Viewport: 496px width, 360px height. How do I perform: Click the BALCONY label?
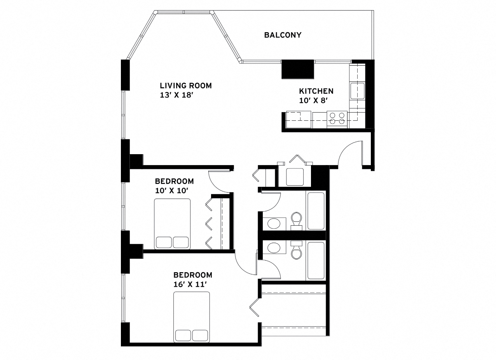point(283,35)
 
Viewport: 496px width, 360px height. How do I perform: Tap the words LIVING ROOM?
point(186,85)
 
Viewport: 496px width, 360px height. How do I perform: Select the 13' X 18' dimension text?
point(177,95)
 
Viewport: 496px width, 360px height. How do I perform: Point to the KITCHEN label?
point(316,91)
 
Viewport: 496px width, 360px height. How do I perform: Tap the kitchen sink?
point(357,91)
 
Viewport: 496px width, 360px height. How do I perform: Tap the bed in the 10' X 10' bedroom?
point(172,224)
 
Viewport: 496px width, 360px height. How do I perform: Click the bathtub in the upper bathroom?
point(316,210)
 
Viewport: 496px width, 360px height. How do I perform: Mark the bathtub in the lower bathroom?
point(316,260)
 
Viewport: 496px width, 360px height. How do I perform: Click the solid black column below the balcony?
point(297,69)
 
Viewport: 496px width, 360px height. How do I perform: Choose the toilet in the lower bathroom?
point(297,250)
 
